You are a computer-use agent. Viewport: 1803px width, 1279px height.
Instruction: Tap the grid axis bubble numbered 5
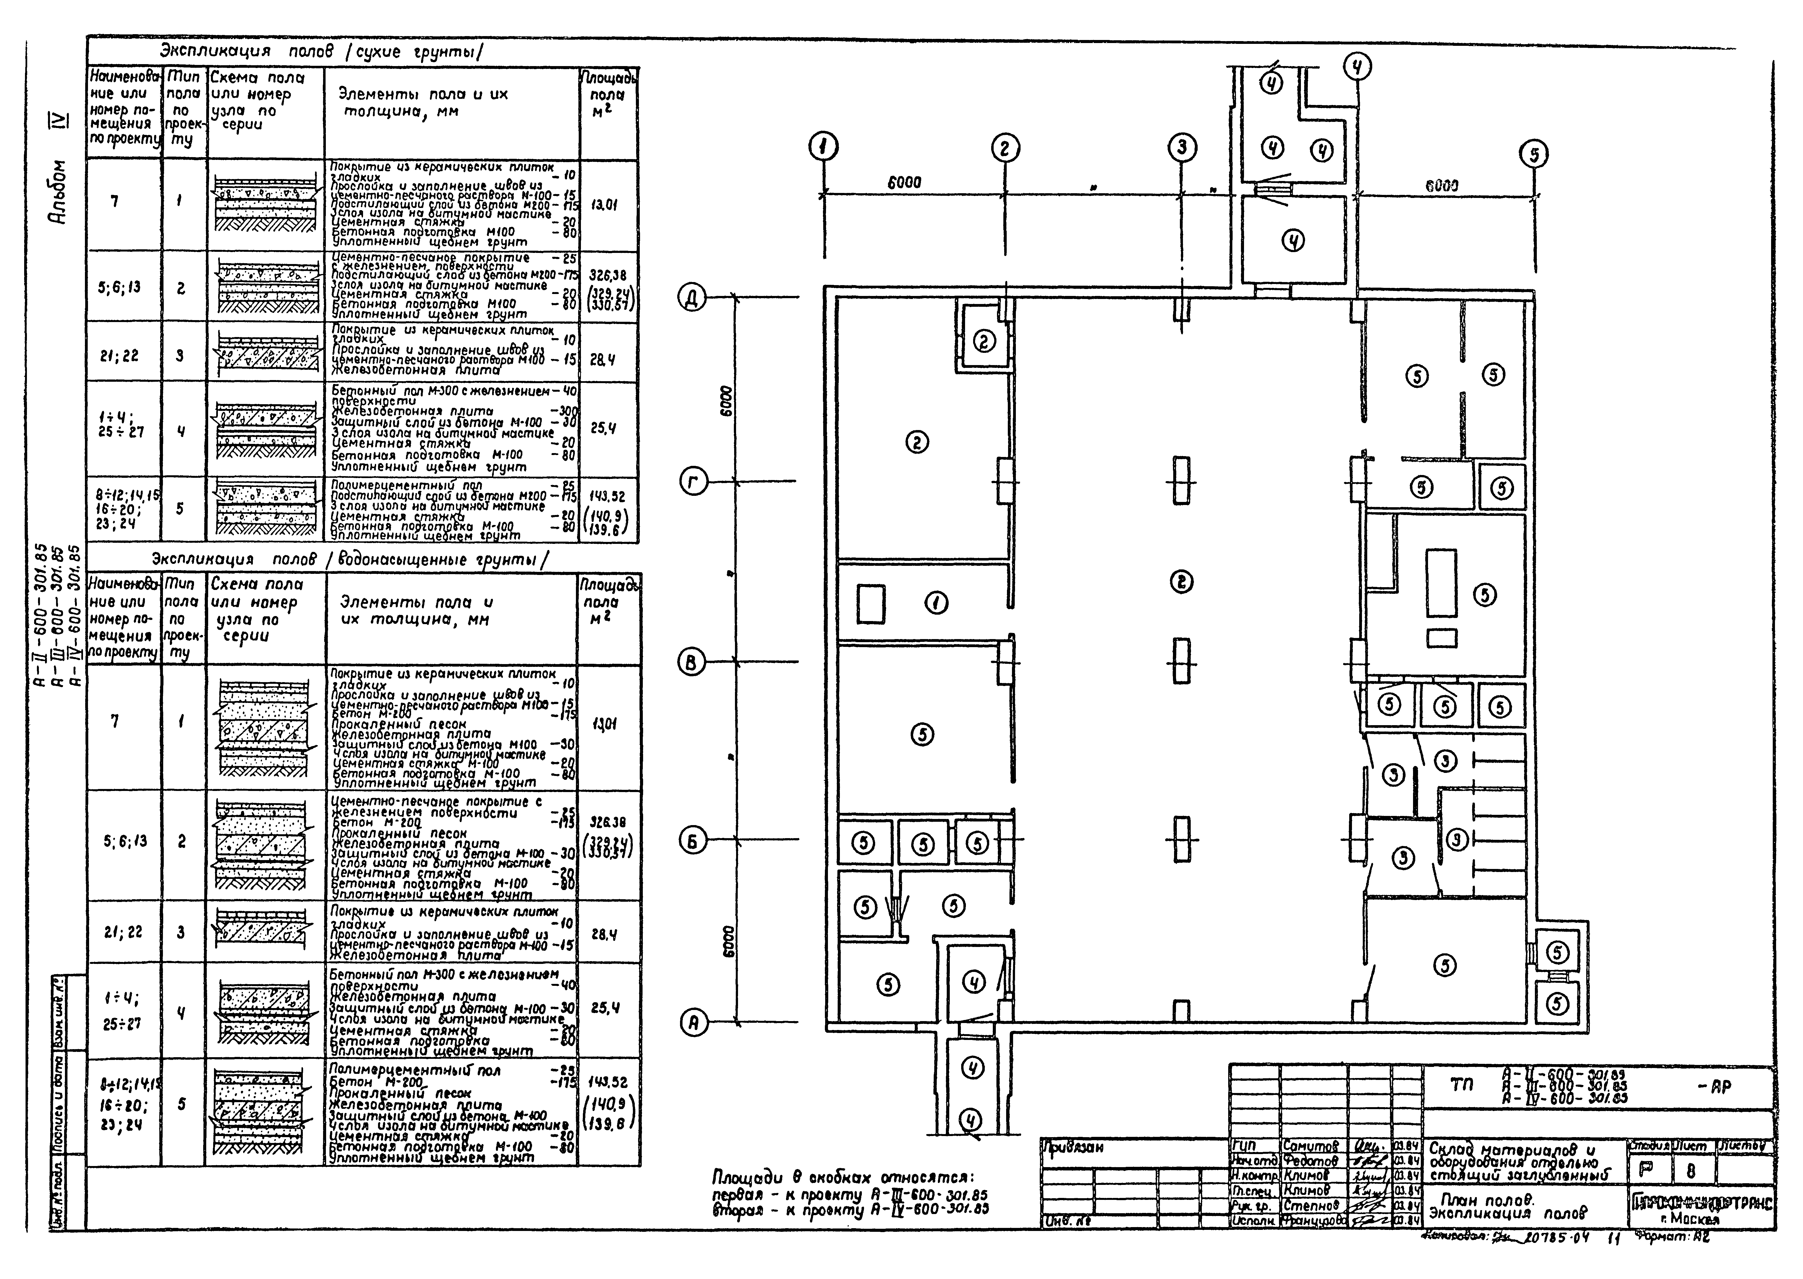pos(1534,154)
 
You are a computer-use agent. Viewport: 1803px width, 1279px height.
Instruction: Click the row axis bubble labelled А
pos(693,1023)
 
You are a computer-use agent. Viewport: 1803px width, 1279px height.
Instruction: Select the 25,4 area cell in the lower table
pos(605,1007)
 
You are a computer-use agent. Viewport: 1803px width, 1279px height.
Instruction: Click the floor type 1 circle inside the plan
pos(935,603)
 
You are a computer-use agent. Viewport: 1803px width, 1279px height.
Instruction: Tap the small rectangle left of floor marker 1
pos(871,603)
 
